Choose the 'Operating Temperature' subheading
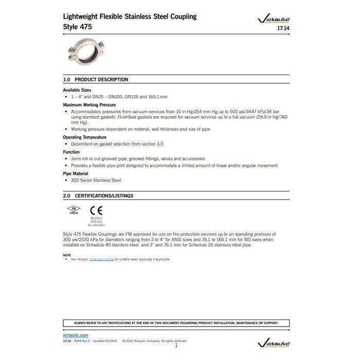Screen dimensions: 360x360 (84, 137)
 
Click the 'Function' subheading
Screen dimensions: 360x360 (71, 152)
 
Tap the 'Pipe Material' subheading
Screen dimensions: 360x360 (76, 173)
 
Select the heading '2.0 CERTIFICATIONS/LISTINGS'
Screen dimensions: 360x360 (98, 196)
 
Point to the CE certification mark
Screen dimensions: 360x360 (93, 210)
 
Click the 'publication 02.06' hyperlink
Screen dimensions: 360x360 (101, 259)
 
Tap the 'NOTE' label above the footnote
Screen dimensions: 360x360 (67, 255)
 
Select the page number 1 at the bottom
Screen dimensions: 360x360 (176, 345)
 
